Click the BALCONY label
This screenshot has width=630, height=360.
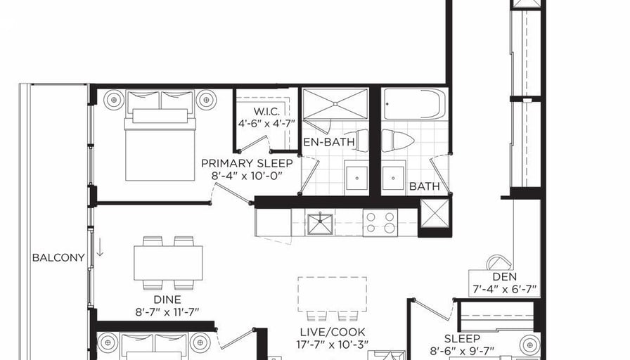[x=58, y=257]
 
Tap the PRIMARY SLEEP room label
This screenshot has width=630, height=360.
[x=247, y=164]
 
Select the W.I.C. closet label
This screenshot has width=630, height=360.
[x=266, y=111]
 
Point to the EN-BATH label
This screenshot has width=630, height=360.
[x=329, y=142]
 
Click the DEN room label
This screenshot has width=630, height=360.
[x=505, y=277]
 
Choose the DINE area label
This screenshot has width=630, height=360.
[x=167, y=300]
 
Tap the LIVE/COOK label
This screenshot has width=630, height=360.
[x=333, y=333]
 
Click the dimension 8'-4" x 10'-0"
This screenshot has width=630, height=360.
[x=247, y=176]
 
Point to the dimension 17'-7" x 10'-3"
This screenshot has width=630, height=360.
[x=333, y=345]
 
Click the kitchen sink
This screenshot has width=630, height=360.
[x=320, y=224]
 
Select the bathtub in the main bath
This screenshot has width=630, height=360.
[x=415, y=104]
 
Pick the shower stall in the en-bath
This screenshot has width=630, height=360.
[x=335, y=104]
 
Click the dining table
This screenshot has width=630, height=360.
[x=168, y=263]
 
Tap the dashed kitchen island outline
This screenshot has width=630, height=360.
[x=333, y=294]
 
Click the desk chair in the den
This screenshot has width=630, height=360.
[x=499, y=262]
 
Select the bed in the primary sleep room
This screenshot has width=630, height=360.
[x=160, y=136]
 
